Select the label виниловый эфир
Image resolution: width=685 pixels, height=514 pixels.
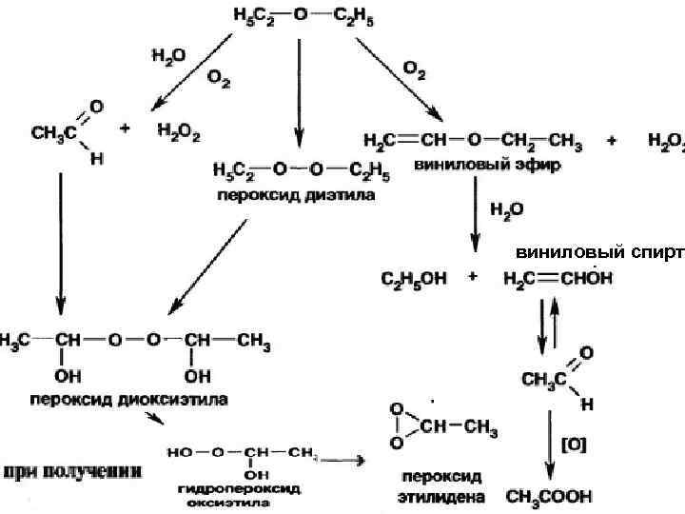[487, 164]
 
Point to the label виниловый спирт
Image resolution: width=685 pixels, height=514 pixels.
[599, 252]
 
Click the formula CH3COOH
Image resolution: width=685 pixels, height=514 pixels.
[549, 496]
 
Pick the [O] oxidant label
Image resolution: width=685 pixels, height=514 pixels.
[574, 444]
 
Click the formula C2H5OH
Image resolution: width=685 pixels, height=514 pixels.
[413, 280]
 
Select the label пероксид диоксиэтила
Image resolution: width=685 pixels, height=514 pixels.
[128, 399]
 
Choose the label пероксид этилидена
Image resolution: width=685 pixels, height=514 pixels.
[440, 485]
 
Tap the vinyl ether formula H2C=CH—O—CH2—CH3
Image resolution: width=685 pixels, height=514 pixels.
[473, 141]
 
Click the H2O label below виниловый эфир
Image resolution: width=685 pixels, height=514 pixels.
[506, 208]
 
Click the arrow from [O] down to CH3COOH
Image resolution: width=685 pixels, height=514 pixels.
[550, 447]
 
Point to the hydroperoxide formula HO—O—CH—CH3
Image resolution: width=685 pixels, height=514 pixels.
[242, 452]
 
